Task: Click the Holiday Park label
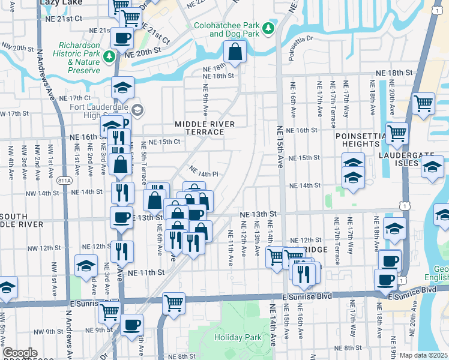point(238,337)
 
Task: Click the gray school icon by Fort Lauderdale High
point(138,109)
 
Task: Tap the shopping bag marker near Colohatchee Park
point(235,53)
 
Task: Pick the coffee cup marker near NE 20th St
point(123,38)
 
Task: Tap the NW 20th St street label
point(18,47)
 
